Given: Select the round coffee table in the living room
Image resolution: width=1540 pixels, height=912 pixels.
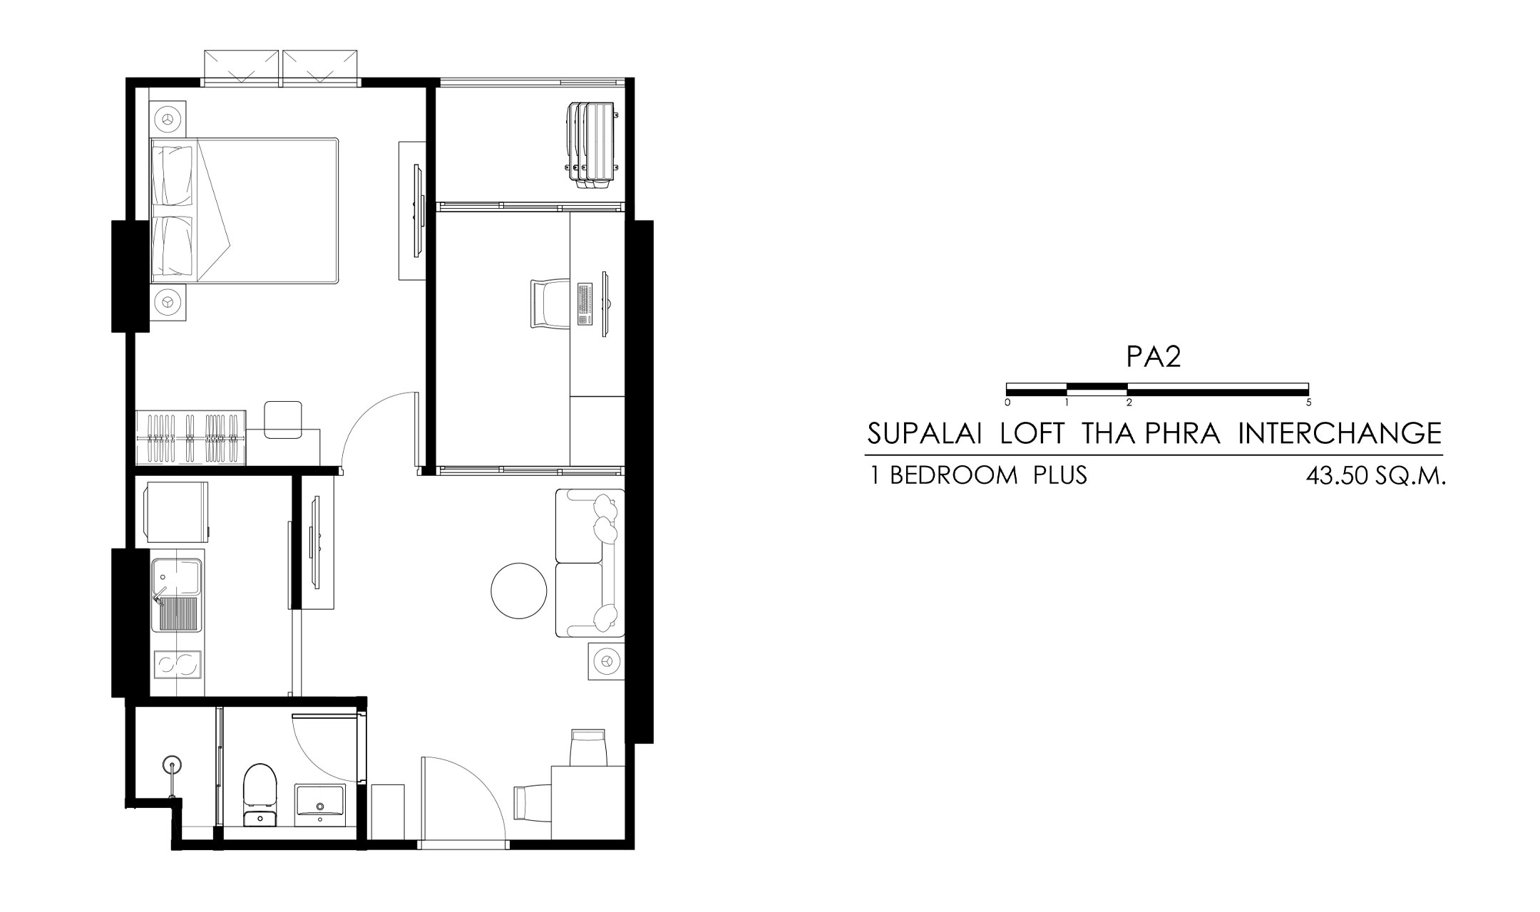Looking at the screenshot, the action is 519,591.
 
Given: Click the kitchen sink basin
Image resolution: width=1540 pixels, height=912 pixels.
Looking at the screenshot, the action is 178,595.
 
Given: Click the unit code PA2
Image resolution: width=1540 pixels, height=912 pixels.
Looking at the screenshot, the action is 1154,358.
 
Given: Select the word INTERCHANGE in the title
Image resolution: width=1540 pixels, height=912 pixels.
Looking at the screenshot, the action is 1340,433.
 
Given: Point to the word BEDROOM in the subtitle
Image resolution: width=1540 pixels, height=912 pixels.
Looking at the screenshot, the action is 954,475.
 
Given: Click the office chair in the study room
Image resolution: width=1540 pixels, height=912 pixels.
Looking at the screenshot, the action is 549,304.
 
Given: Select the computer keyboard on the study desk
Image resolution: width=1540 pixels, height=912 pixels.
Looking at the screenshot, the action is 585,304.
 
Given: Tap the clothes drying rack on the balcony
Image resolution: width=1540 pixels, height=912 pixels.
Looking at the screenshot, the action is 590,145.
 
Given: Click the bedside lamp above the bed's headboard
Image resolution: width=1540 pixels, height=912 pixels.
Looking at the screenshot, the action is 169,119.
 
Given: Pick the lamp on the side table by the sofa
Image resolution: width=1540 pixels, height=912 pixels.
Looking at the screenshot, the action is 606,662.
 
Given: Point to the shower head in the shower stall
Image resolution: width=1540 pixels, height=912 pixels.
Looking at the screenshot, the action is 171,766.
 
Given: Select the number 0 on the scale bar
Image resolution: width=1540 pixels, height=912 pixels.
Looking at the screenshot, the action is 1007,402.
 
